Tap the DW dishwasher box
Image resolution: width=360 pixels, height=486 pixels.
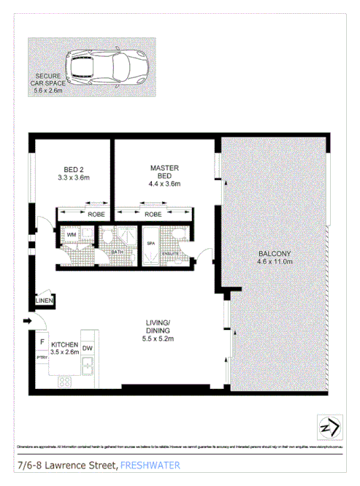[x=87, y=348]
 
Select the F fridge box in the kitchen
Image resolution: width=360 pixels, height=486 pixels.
[x=42, y=342]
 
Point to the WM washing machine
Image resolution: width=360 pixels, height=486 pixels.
[x=72, y=235]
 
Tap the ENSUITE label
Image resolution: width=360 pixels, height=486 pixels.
[x=170, y=253]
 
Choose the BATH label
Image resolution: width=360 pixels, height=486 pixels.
[x=117, y=252]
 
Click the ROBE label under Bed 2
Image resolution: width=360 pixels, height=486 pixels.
[x=96, y=215]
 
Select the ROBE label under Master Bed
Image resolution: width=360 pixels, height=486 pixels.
[x=153, y=215]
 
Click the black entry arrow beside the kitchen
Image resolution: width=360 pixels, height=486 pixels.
[x=28, y=320]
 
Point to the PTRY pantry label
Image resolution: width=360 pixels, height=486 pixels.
[x=42, y=358]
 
